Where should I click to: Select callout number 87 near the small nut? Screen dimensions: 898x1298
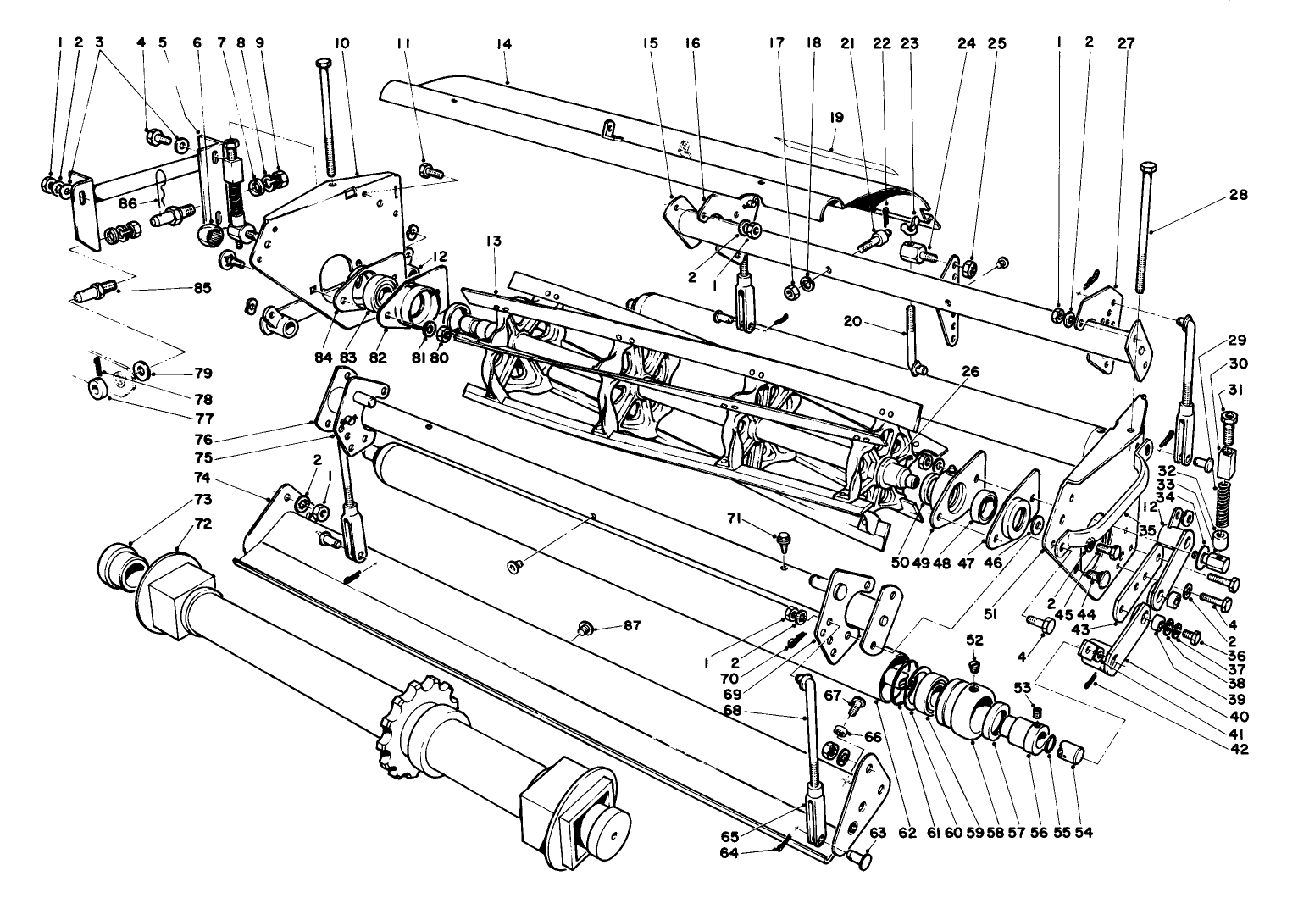pyautogui.click(x=632, y=626)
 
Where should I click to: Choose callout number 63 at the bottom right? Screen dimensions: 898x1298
pyautogui.click(x=877, y=833)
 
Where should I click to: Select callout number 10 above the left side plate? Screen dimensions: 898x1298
pyautogui.click(x=341, y=43)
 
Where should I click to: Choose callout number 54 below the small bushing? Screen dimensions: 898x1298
pyautogui.click(x=1083, y=833)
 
